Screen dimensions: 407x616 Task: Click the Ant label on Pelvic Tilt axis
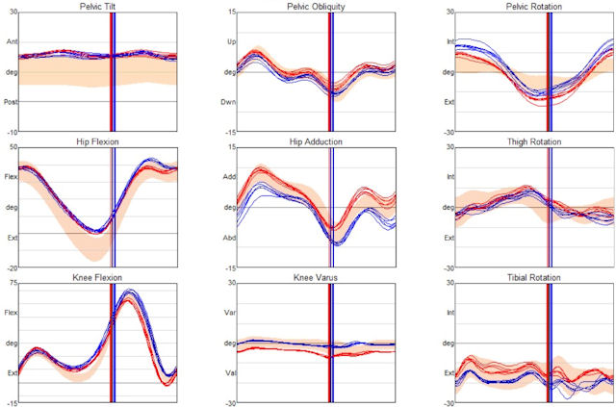12,42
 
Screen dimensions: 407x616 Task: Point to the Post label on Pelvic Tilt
12,101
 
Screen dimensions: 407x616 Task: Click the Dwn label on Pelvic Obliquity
231,101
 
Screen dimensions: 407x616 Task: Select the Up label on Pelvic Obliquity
231,42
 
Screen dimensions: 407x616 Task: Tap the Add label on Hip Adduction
231,177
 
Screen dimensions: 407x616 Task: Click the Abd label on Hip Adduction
231,237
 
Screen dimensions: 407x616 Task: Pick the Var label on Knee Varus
231,313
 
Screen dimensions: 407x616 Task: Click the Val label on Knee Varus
231,372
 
